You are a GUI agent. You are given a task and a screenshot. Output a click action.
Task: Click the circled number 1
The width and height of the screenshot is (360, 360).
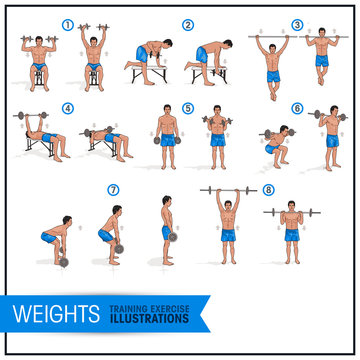[68, 24]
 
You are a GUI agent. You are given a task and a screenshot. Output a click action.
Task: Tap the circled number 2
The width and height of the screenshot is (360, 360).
[188, 24]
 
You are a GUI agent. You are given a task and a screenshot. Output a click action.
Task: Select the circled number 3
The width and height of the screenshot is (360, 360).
[297, 24]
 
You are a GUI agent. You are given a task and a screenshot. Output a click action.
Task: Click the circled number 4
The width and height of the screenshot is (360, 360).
[68, 108]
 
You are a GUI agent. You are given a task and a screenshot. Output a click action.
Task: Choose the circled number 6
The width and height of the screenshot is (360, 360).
[297, 108]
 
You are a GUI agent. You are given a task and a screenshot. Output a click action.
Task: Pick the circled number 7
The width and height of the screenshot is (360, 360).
[113, 189]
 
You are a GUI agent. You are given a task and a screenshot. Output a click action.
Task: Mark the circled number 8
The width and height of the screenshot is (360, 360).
[268, 189]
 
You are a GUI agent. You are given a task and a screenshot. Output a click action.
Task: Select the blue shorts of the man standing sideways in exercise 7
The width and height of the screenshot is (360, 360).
[167, 232]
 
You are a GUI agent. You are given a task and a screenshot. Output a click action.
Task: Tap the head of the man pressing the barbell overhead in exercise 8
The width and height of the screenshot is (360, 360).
[226, 203]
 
